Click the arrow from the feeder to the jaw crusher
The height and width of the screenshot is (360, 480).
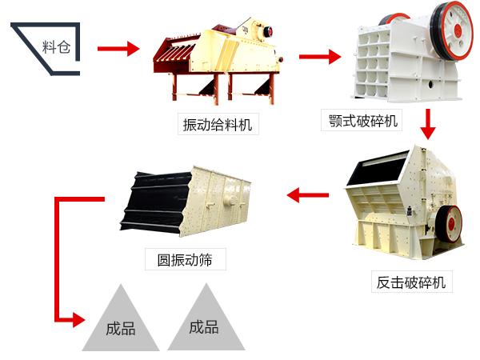click(319, 57)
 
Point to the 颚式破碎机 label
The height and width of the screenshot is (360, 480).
click(362, 121)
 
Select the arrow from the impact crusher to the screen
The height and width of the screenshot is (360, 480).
click(308, 194)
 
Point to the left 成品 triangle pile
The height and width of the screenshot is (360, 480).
click(120, 324)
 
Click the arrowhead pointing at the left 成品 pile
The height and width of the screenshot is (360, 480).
click(77, 320)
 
